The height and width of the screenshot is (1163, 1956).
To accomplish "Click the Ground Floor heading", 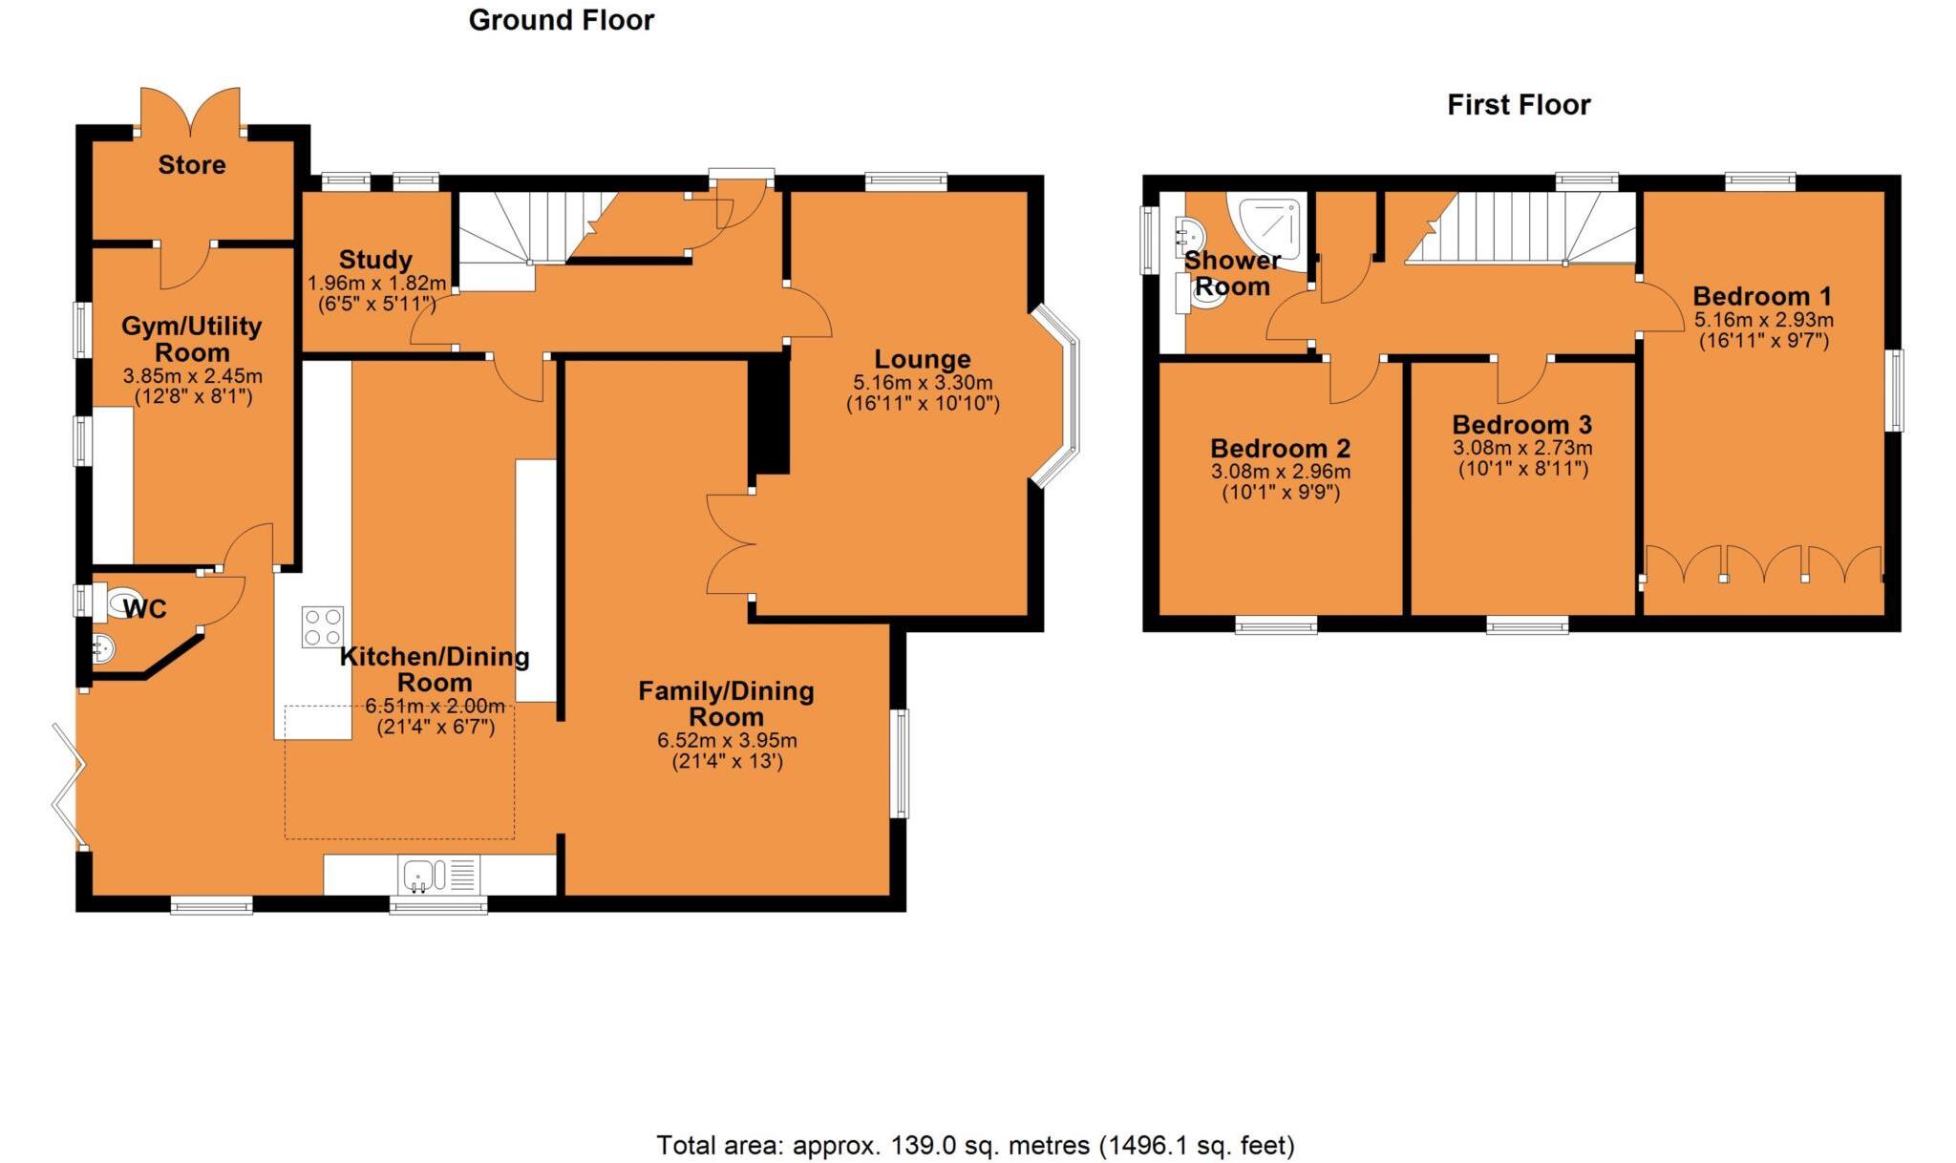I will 561,21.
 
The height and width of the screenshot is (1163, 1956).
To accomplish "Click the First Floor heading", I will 1519,105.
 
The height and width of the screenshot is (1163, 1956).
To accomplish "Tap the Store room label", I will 192,165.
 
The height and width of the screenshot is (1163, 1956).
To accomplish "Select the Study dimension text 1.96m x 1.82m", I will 376,284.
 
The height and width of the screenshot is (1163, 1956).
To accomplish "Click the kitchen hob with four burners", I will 323,627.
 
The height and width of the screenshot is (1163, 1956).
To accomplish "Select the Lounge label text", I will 923,360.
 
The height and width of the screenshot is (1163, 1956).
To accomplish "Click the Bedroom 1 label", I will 1762,296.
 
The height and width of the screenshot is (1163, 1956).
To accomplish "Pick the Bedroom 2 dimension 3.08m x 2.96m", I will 1280,472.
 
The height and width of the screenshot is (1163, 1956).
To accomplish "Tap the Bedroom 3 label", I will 1522,425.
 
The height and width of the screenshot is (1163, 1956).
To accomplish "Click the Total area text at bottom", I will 975,1145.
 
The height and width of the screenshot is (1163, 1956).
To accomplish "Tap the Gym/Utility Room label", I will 191,339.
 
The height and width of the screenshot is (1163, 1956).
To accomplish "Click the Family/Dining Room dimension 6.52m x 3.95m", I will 727,741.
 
